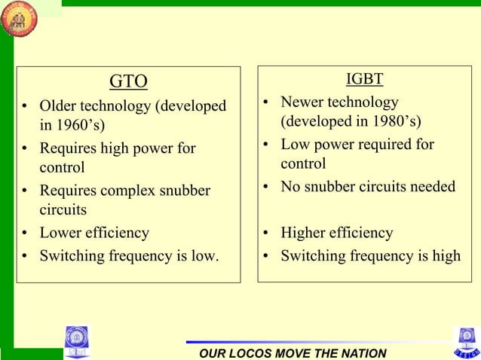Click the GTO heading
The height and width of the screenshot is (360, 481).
(128, 81)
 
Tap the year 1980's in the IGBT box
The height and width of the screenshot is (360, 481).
(394, 121)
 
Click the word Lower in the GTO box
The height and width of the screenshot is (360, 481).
(60, 233)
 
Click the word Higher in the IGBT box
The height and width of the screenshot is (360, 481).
(304, 233)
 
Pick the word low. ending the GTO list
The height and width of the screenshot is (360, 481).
(204, 256)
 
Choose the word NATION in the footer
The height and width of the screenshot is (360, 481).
(360, 353)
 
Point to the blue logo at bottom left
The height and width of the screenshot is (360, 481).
(76, 340)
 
